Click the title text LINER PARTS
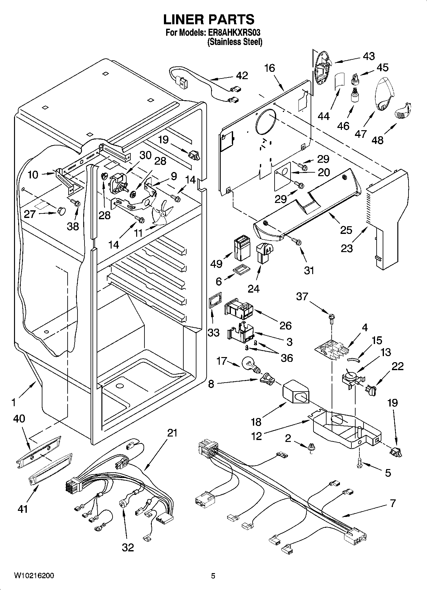209,19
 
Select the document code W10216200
34,576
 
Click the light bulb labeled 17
251,365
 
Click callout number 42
242,76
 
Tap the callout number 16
269,68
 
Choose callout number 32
128,547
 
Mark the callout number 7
393,503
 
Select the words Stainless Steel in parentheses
235,42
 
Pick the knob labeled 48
403,111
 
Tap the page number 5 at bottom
213,576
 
